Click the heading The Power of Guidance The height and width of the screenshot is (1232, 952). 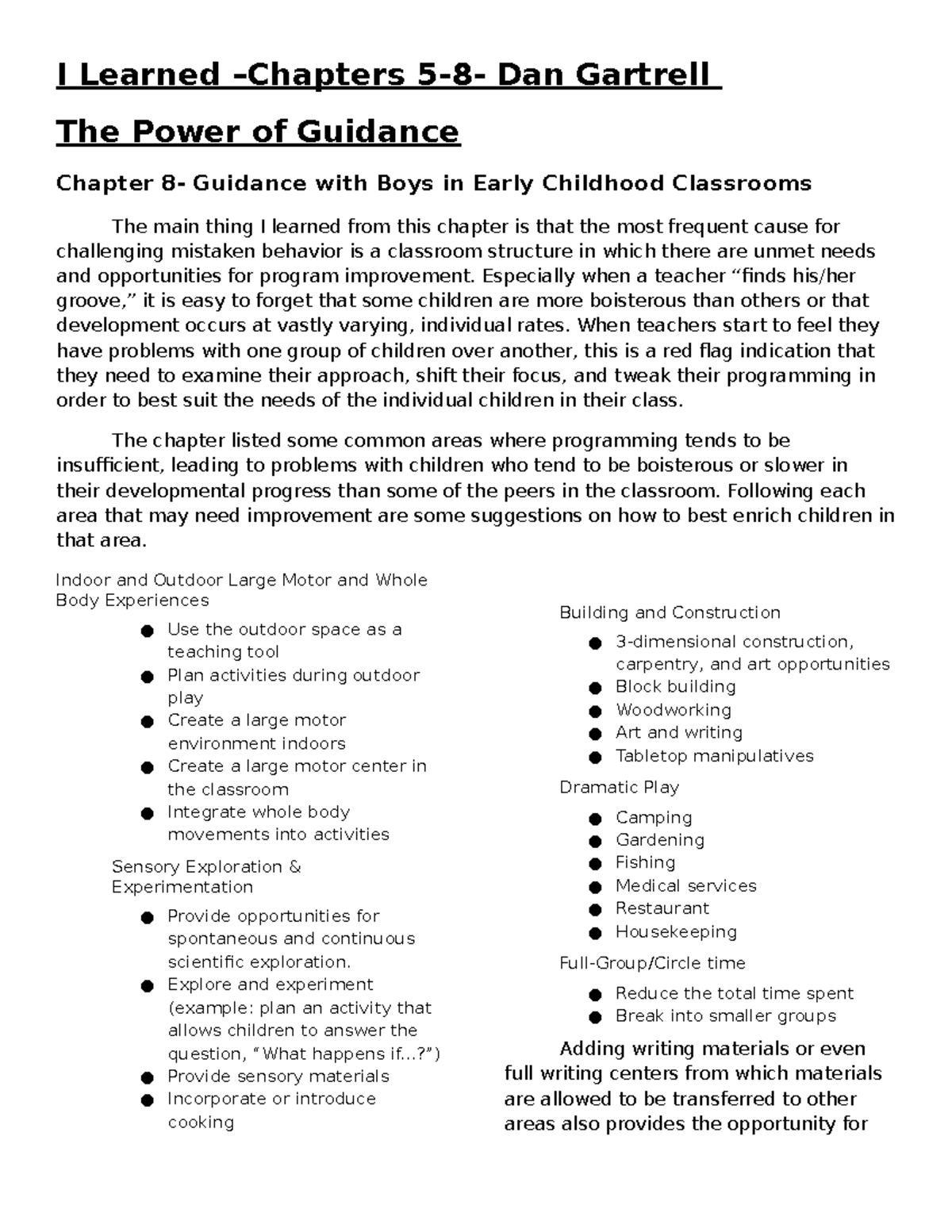point(257,132)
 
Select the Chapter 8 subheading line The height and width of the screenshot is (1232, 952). point(433,184)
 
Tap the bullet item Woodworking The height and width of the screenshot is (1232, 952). point(673,710)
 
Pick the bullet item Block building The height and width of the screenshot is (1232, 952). point(675,687)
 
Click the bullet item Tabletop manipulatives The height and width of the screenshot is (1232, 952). point(714,756)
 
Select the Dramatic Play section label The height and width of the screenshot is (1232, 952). point(619,788)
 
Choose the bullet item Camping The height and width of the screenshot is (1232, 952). point(654,818)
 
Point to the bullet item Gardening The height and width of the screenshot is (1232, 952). point(659,840)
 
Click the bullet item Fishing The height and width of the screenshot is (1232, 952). point(645,863)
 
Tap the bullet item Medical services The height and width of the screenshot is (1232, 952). point(685,886)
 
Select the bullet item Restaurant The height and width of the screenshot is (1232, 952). point(662,908)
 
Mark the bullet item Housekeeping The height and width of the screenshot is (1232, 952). point(676,932)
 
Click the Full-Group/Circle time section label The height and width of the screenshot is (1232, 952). point(652,963)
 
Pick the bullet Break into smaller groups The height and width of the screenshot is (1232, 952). point(725,1016)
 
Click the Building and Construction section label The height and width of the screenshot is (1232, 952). point(670,613)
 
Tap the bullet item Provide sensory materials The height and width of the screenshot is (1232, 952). point(278,1077)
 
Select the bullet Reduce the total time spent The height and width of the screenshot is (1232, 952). point(734,994)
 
